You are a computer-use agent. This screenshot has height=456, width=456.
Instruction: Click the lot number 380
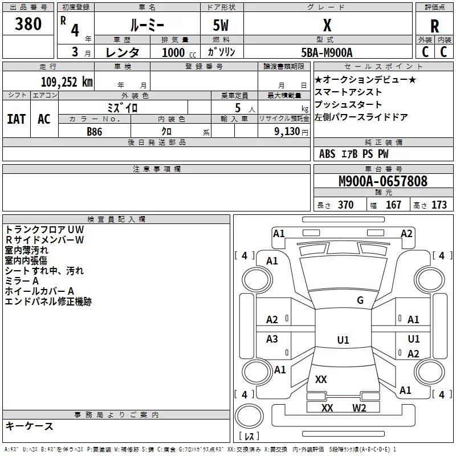click(28, 25)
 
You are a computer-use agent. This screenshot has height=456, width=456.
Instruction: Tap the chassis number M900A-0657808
click(382, 181)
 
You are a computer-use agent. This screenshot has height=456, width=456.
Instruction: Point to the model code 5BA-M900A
click(327, 52)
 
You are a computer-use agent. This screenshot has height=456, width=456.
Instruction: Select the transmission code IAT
click(16, 119)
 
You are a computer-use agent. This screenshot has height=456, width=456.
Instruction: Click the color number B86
click(95, 131)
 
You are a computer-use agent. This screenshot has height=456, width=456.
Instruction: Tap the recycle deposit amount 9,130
click(290, 131)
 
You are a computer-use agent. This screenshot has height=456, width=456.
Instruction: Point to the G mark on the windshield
click(360, 300)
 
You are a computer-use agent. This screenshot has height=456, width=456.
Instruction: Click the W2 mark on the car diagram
click(359, 408)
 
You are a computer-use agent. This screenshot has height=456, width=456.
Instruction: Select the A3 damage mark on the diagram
click(272, 339)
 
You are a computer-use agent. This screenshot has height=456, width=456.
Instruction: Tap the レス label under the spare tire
click(250, 437)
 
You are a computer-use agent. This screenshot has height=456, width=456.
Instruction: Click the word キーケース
click(29, 426)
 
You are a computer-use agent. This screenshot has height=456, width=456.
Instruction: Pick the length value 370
click(345, 205)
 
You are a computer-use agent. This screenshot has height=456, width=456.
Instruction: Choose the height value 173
click(439, 205)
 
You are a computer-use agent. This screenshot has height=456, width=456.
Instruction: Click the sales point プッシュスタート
click(348, 105)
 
